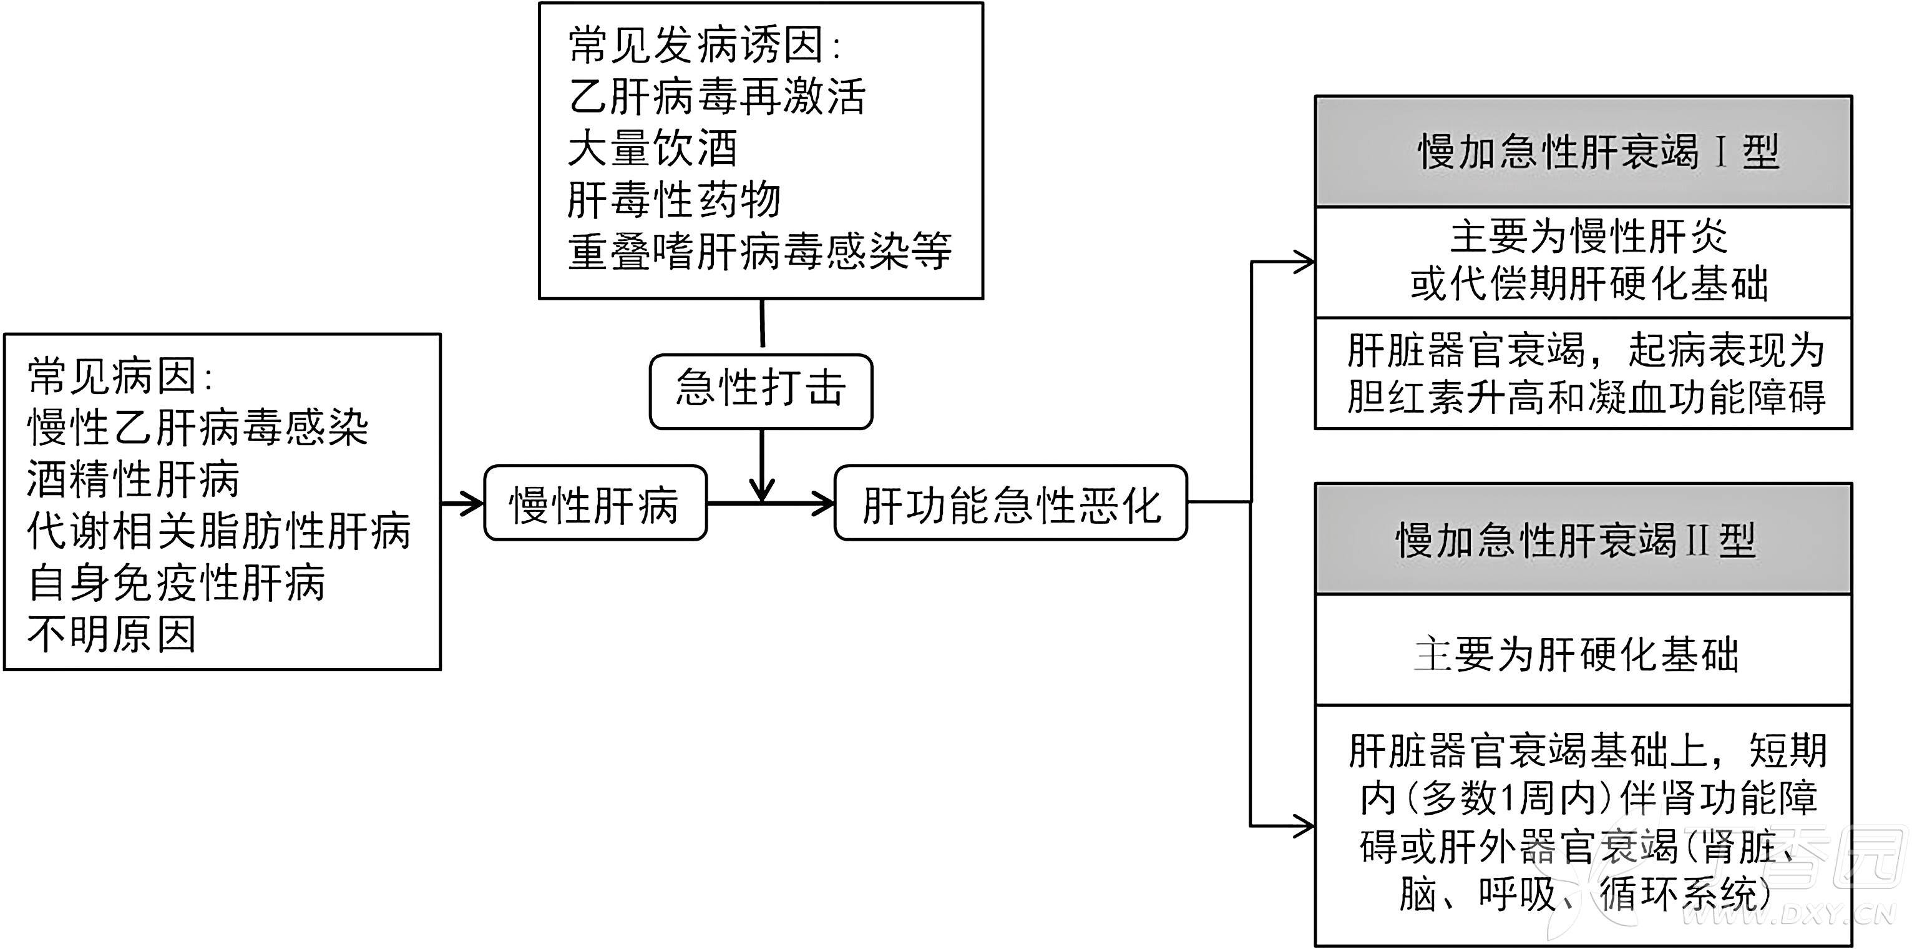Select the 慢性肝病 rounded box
(x=595, y=503)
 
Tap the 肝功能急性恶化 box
(x=1010, y=503)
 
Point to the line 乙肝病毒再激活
(x=716, y=97)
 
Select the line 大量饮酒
(x=652, y=148)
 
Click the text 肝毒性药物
(x=673, y=199)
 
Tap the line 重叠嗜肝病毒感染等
(x=759, y=252)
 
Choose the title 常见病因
(x=119, y=376)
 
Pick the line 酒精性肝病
(x=133, y=479)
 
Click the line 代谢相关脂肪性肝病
(x=218, y=531)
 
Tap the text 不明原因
(x=112, y=634)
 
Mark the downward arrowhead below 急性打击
(x=762, y=491)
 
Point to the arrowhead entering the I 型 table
(x=1304, y=262)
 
